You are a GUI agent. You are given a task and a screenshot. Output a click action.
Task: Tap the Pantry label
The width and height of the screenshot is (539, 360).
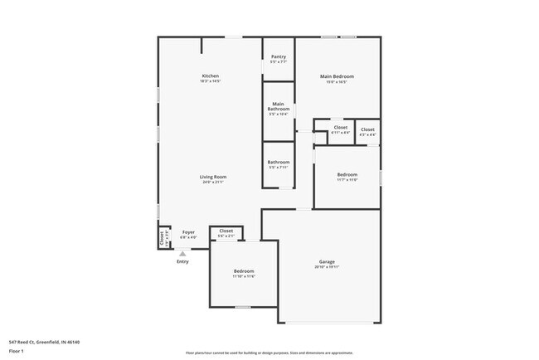[279, 56]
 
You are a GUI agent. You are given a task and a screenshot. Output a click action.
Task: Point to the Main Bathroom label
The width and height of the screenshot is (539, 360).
[279, 107]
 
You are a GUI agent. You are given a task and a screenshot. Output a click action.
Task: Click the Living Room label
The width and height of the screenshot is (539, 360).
[213, 177]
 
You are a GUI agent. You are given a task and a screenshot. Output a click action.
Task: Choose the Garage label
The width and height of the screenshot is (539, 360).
[327, 261]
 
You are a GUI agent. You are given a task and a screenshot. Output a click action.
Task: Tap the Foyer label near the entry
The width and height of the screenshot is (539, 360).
[188, 232]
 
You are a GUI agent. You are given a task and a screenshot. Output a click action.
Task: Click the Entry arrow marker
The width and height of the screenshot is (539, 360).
[182, 253]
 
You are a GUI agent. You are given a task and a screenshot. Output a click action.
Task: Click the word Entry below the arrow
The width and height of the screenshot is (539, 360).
[182, 262]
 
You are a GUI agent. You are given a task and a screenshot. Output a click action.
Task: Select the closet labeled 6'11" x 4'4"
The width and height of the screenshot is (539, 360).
[340, 128]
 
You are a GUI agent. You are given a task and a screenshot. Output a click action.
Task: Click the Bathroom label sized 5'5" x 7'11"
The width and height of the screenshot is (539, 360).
[279, 162]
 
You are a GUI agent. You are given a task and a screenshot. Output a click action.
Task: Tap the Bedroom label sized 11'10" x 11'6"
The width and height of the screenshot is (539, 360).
[244, 271]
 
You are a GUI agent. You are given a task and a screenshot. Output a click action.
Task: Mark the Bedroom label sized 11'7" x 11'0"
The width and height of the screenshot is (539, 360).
[347, 174]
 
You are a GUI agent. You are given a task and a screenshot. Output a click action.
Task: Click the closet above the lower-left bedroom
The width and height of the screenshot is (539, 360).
[226, 231]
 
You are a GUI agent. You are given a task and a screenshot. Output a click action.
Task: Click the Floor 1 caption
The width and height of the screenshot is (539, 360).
[17, 353]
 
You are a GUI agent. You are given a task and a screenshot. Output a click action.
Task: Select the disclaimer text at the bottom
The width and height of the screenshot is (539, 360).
[269, 353]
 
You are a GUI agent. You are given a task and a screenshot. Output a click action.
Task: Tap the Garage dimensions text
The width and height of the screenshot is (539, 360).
[327, 266]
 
